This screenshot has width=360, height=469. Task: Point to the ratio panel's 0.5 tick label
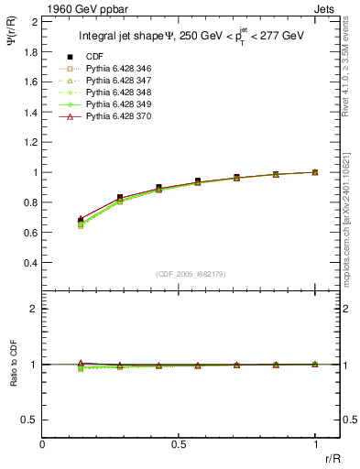(31, 420)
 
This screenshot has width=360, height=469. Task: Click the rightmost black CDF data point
(314, 172)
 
